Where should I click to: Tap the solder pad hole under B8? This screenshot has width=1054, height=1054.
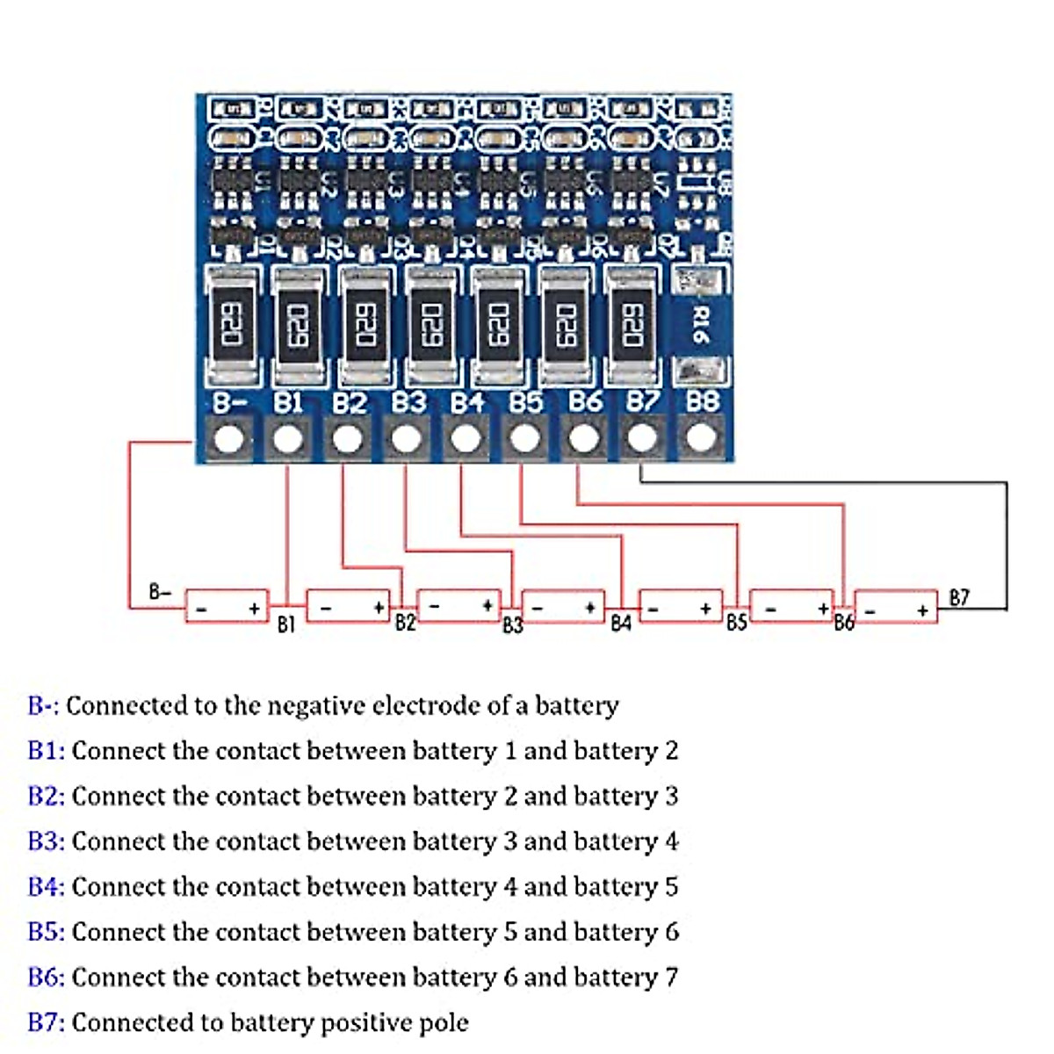[701, 437]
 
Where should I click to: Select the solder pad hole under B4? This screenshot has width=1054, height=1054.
[466, 438]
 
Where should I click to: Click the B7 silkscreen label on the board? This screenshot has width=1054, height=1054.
[643, 402]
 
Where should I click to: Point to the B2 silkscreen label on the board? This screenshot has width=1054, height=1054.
[350, 403]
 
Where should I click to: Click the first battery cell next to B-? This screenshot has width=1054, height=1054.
[227, 607]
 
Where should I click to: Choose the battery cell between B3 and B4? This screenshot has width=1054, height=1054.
[563, 607]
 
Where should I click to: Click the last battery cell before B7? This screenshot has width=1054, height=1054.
[896, 607]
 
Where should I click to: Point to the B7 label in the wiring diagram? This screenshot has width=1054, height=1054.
[959, 598]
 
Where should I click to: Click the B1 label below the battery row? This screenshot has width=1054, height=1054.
[285, 624]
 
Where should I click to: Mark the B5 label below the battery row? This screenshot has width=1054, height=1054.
[736, 622]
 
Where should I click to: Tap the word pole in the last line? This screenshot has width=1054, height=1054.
[443, 1022]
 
